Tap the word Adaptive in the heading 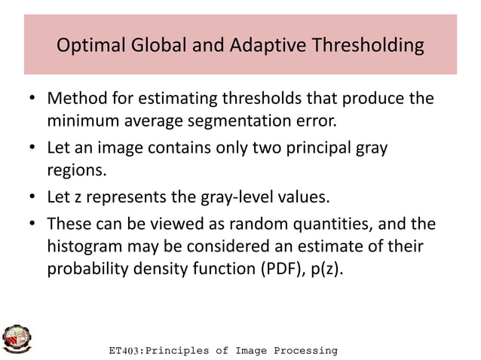(x=281, y=47)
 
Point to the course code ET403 (x=126, y=351)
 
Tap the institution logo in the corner (x=17, y=339)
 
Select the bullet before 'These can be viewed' (x=33, y=224)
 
